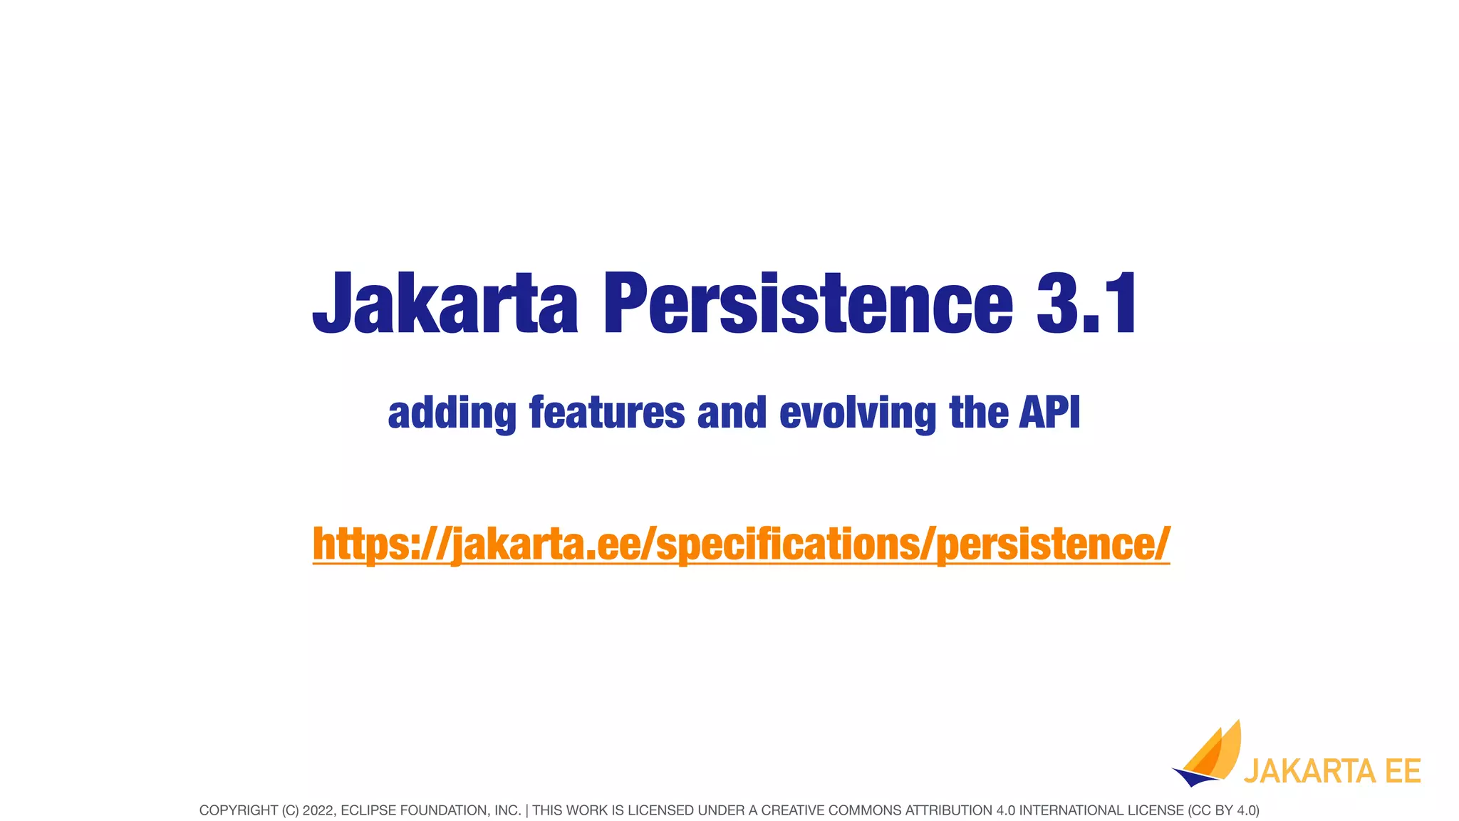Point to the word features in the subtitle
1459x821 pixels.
pos(607,413)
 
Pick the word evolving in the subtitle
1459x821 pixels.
pos(858,413)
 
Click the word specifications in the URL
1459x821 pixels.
pos(787,544)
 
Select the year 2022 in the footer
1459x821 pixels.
pos(318,810)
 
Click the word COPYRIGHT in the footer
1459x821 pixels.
pos(238,810)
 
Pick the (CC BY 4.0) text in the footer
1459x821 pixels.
pos(1223,810)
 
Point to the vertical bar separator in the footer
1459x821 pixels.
pos(526,810)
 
